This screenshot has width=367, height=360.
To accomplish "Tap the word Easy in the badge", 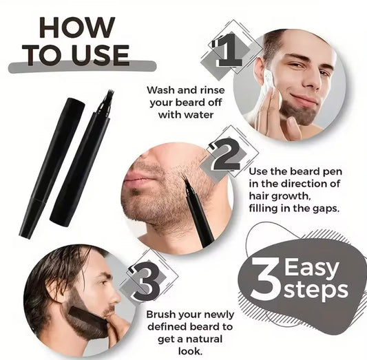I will coord(313,266).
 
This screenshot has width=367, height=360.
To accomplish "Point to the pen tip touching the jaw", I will coord(186,181).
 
